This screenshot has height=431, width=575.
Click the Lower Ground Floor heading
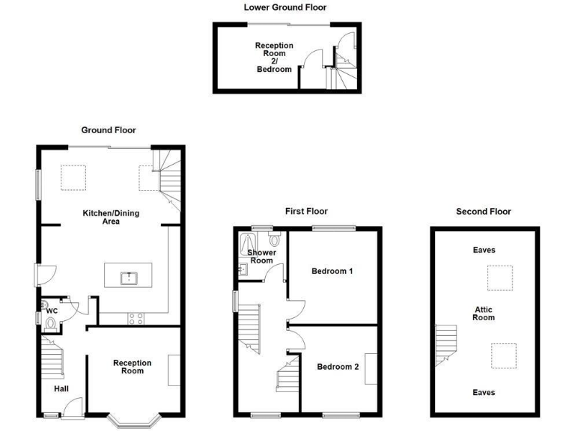tap(285, 7)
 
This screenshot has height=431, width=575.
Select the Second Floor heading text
tap(483, 212)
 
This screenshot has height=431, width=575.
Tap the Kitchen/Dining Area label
tap(111, 217)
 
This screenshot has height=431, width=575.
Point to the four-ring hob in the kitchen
tap(136, 317)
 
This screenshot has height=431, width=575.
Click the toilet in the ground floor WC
tap(50, 323)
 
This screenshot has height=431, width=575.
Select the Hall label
tap(62, 388)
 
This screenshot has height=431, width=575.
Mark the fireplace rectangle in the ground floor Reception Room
tap(174, 370)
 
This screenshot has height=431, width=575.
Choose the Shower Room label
tap(261, 257)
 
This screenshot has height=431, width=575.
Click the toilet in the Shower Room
tap(275, 239)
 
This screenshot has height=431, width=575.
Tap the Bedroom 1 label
tap(332, 271)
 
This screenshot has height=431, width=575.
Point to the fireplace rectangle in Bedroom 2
tap(370, 367)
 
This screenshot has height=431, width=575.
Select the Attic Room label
tap(483, 313)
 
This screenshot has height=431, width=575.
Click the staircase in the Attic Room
tap(445, 345)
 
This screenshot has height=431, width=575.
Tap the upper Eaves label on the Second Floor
tap(484, 251)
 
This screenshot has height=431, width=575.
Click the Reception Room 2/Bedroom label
tap(274, 58)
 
